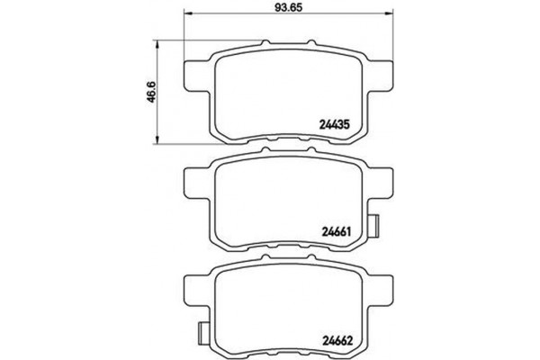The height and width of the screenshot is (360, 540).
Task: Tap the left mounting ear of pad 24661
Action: pyautogui.click(x=194, y=187)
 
